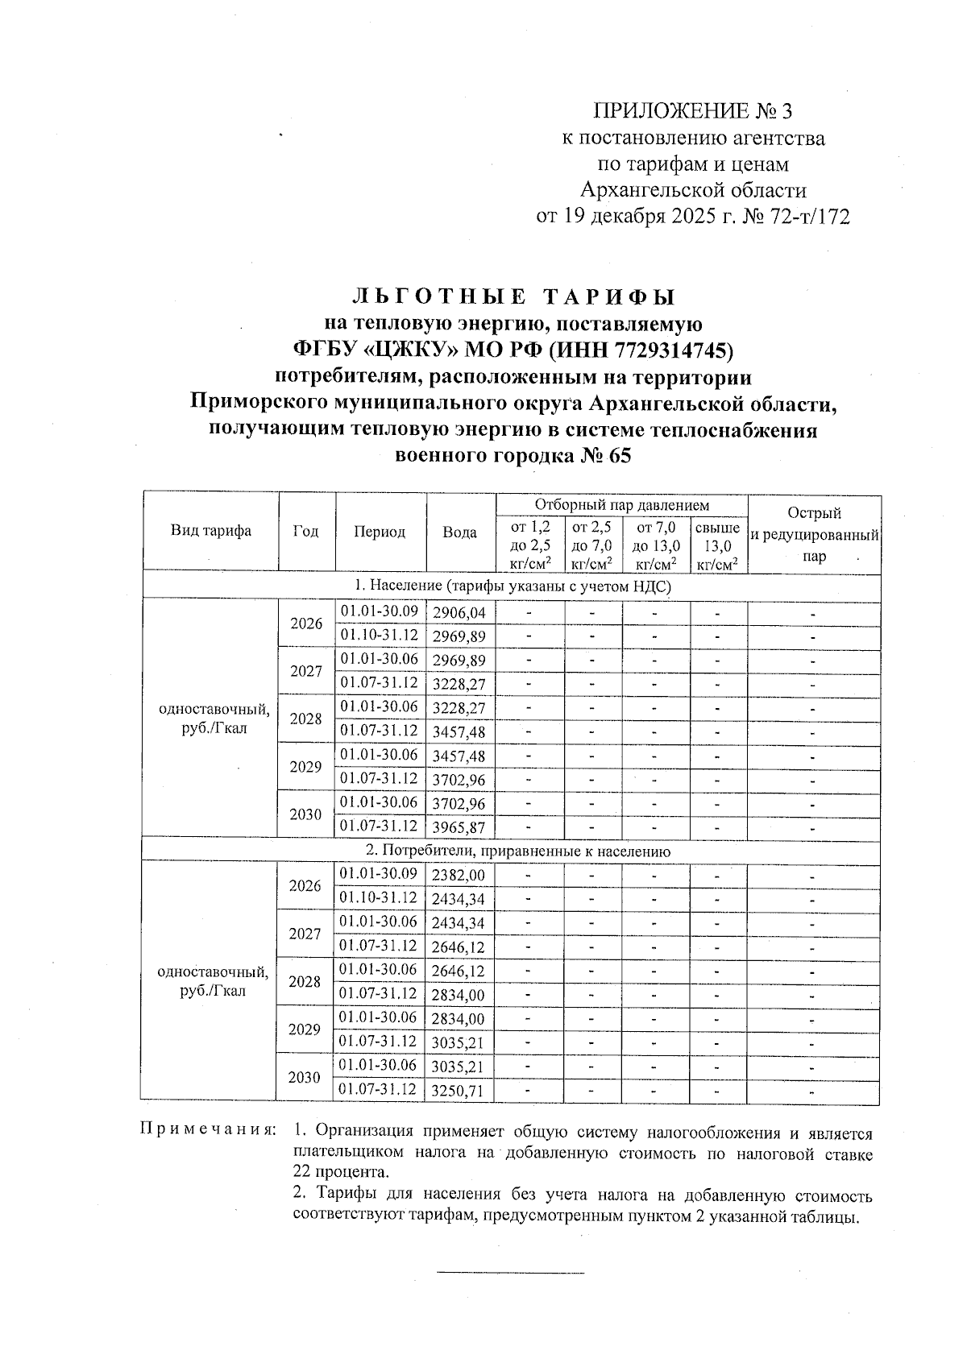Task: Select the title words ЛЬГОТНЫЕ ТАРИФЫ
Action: click(513, 296)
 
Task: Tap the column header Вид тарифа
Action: click(210, 530)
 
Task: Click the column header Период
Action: click(379, 532)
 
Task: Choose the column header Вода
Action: click(459, 532)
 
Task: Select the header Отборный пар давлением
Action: click(621, 505)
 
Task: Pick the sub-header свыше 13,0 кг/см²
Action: click(718, 546)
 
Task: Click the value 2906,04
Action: click(459, 613)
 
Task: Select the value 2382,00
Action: click(459, 875)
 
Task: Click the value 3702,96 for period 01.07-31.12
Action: click(459, 780)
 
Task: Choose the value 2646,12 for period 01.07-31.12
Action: click(459, 947)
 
